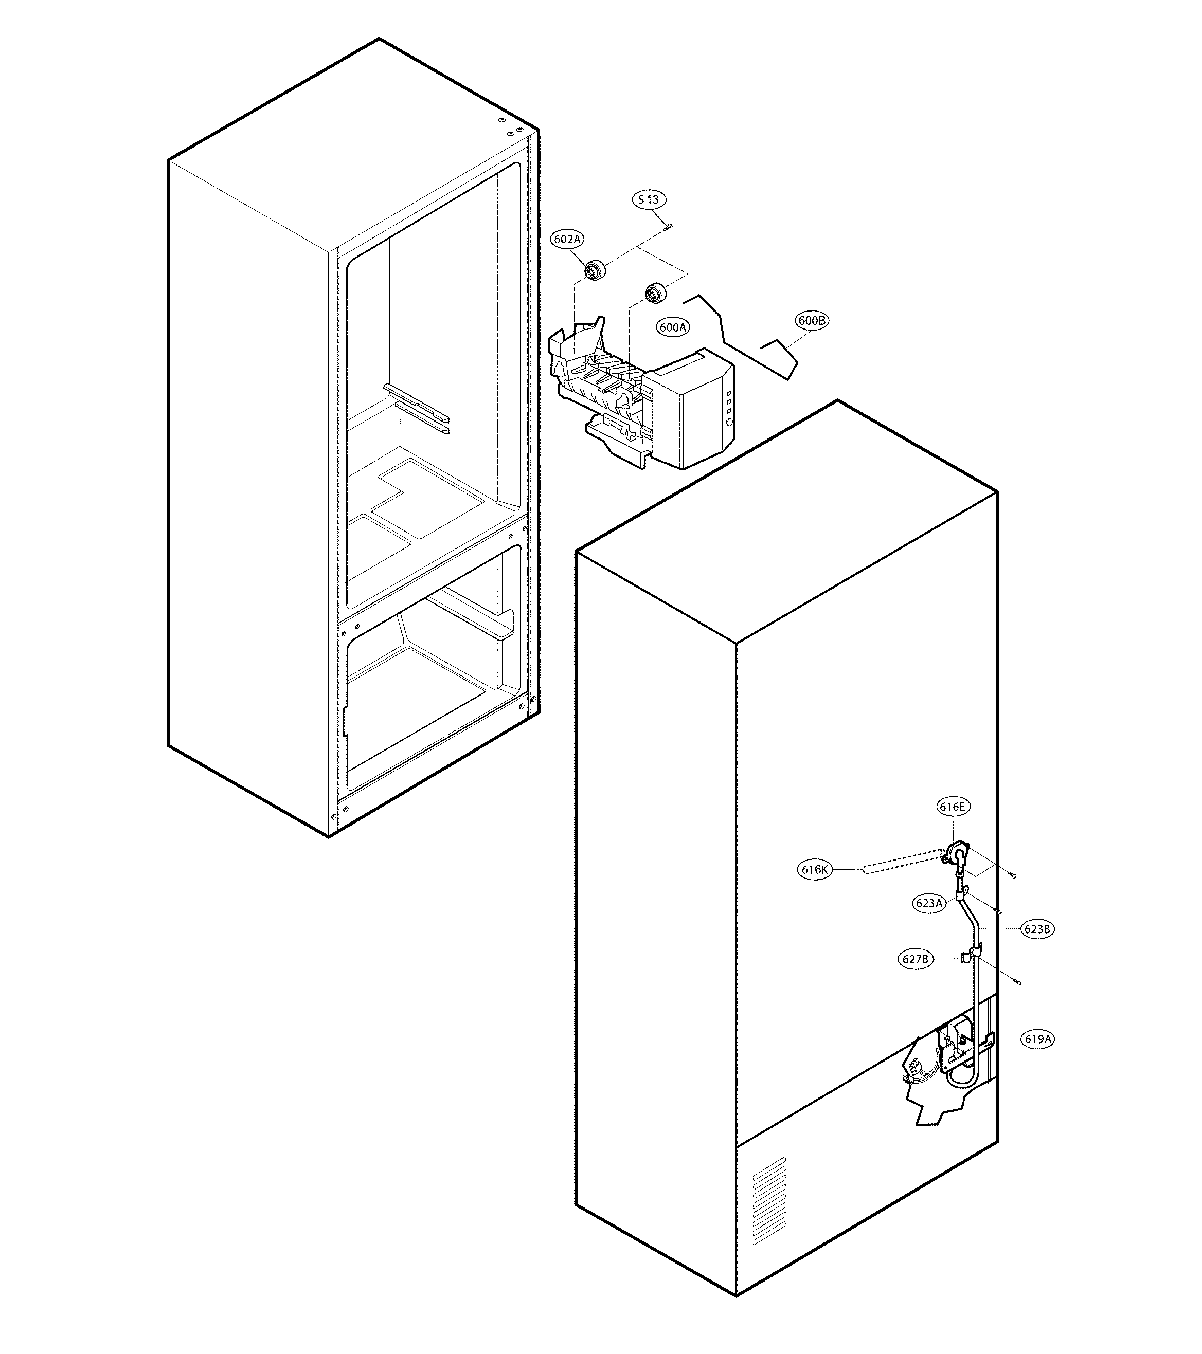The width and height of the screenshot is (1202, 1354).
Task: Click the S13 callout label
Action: [x=649, y=199]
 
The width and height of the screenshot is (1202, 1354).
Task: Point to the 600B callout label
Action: [x=812, y=321]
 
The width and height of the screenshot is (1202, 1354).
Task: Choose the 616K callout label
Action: [x=814, y=870]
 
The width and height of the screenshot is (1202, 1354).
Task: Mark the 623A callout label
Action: [x=928, y=903]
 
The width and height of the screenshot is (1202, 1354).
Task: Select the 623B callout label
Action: [x=1037, y=929]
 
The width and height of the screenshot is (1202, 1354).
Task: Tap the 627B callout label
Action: [x=916, y=959]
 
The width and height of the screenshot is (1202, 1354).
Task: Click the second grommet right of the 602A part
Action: [x=655, y=292]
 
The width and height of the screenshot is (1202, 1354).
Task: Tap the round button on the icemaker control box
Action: [x=729, y=422]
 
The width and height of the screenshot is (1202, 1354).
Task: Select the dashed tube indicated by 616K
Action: [x=901, y=863]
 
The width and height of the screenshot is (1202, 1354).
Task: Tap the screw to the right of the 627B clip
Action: [x=1018, y=982]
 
